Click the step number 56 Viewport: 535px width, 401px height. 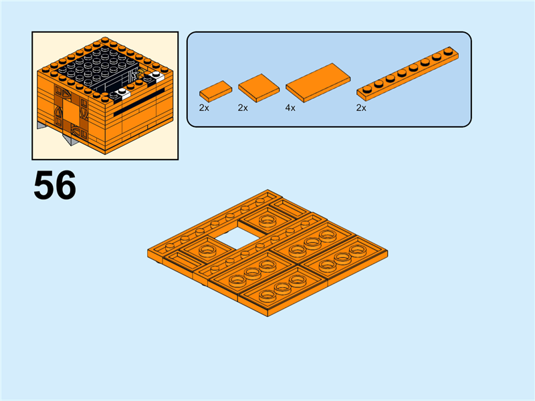[55, 185]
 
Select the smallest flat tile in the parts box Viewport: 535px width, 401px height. [215, 90]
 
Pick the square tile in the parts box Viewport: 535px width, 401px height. [258, 87]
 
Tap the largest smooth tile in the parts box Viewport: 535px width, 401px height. [318, 82]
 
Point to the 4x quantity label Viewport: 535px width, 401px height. [290, 107]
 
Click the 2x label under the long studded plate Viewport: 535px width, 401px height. [361, 107]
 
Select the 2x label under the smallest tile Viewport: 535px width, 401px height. [204, 107]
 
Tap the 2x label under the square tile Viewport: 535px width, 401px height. [243, 107]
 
